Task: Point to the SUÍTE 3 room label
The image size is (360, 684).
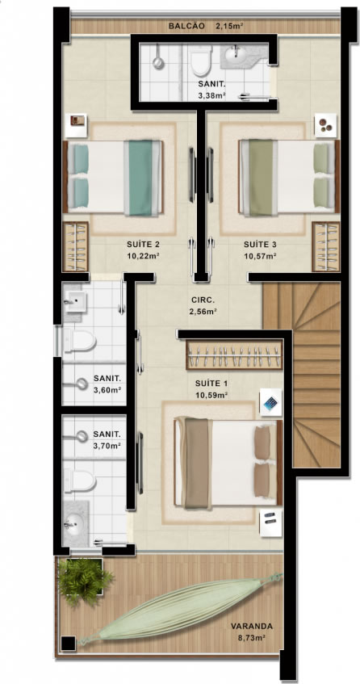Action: click(x=260, y=244)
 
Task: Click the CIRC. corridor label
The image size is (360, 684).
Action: click(x=203, y=300)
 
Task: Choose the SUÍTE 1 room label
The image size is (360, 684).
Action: click(x=211, y=384)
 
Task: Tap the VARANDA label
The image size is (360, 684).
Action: click(x=252, y=626)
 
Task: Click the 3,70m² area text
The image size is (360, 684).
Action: click(x=107, y=446)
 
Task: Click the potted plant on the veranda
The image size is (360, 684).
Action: click(x=84, y=580)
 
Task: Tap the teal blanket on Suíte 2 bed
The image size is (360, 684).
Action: click(x=141, y=178)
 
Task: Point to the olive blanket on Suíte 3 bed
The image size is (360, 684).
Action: click(x=261, y=177)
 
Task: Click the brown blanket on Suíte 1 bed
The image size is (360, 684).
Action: click(x=197, y=463)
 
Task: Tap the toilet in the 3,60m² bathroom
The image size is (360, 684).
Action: click(x=80, y=341)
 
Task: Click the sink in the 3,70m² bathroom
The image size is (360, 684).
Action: click(x=75, y=522)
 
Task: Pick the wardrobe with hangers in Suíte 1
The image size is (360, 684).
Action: click(x=234, y=355)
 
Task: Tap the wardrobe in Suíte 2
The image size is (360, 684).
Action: click(x=75, y=246)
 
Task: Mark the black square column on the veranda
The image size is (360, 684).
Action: click(x=68, y=643)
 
